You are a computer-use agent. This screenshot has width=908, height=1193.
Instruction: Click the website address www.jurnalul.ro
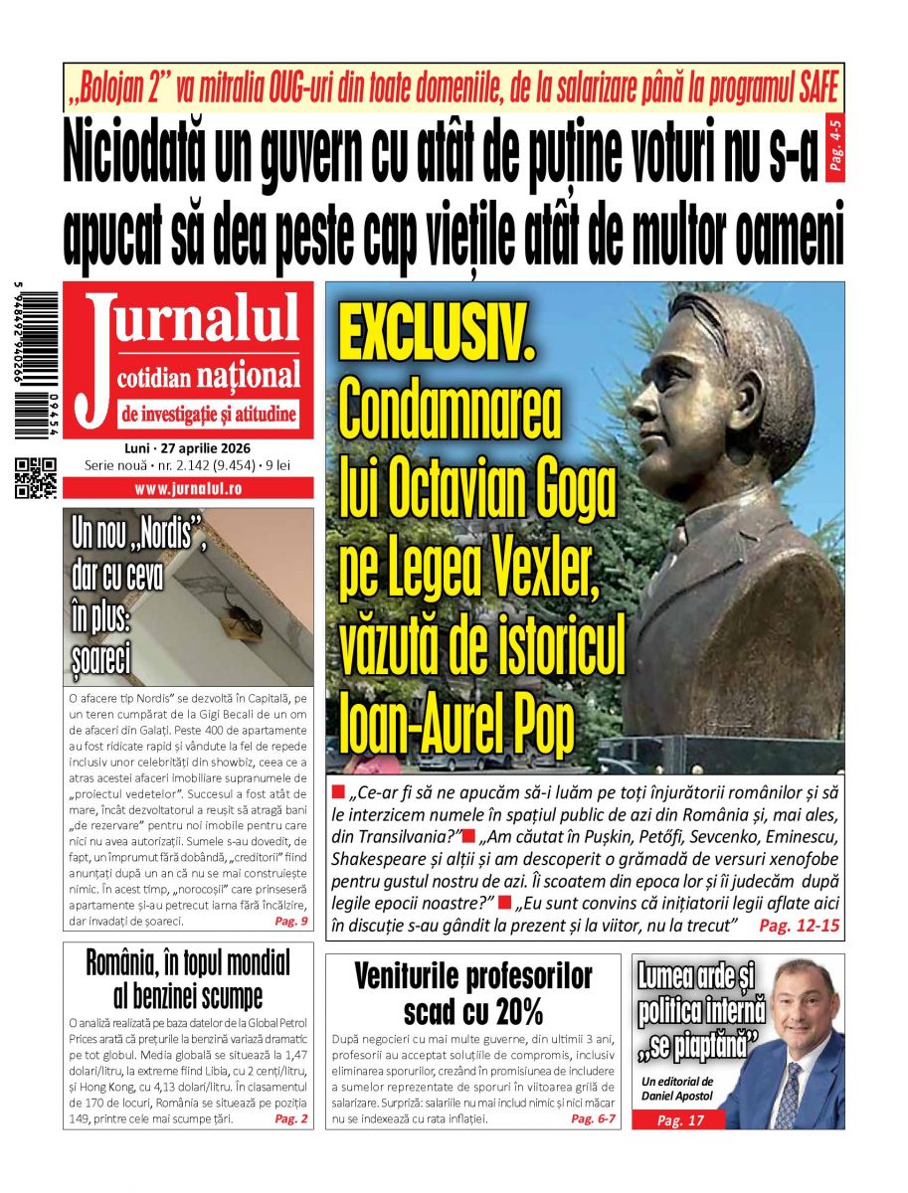pyautogui.click(x=188, y=488)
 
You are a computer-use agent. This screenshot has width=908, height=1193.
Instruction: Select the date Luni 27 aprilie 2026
pyautogui.click(x=188, y=448)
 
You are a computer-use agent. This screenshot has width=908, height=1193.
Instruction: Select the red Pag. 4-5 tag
pyautogui.click(x=833, y=149)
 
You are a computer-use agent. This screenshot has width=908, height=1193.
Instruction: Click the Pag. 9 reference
pyautogui.click(x=290, y=922)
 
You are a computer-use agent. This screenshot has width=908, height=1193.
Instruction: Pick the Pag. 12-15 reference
pyautogui.click(x=799, y=926)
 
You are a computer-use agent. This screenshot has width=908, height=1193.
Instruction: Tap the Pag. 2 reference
pyautogui.click(x=290, y=1118)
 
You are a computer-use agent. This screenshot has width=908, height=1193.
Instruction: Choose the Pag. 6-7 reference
pyautogui.click(x=594, y=1118)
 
